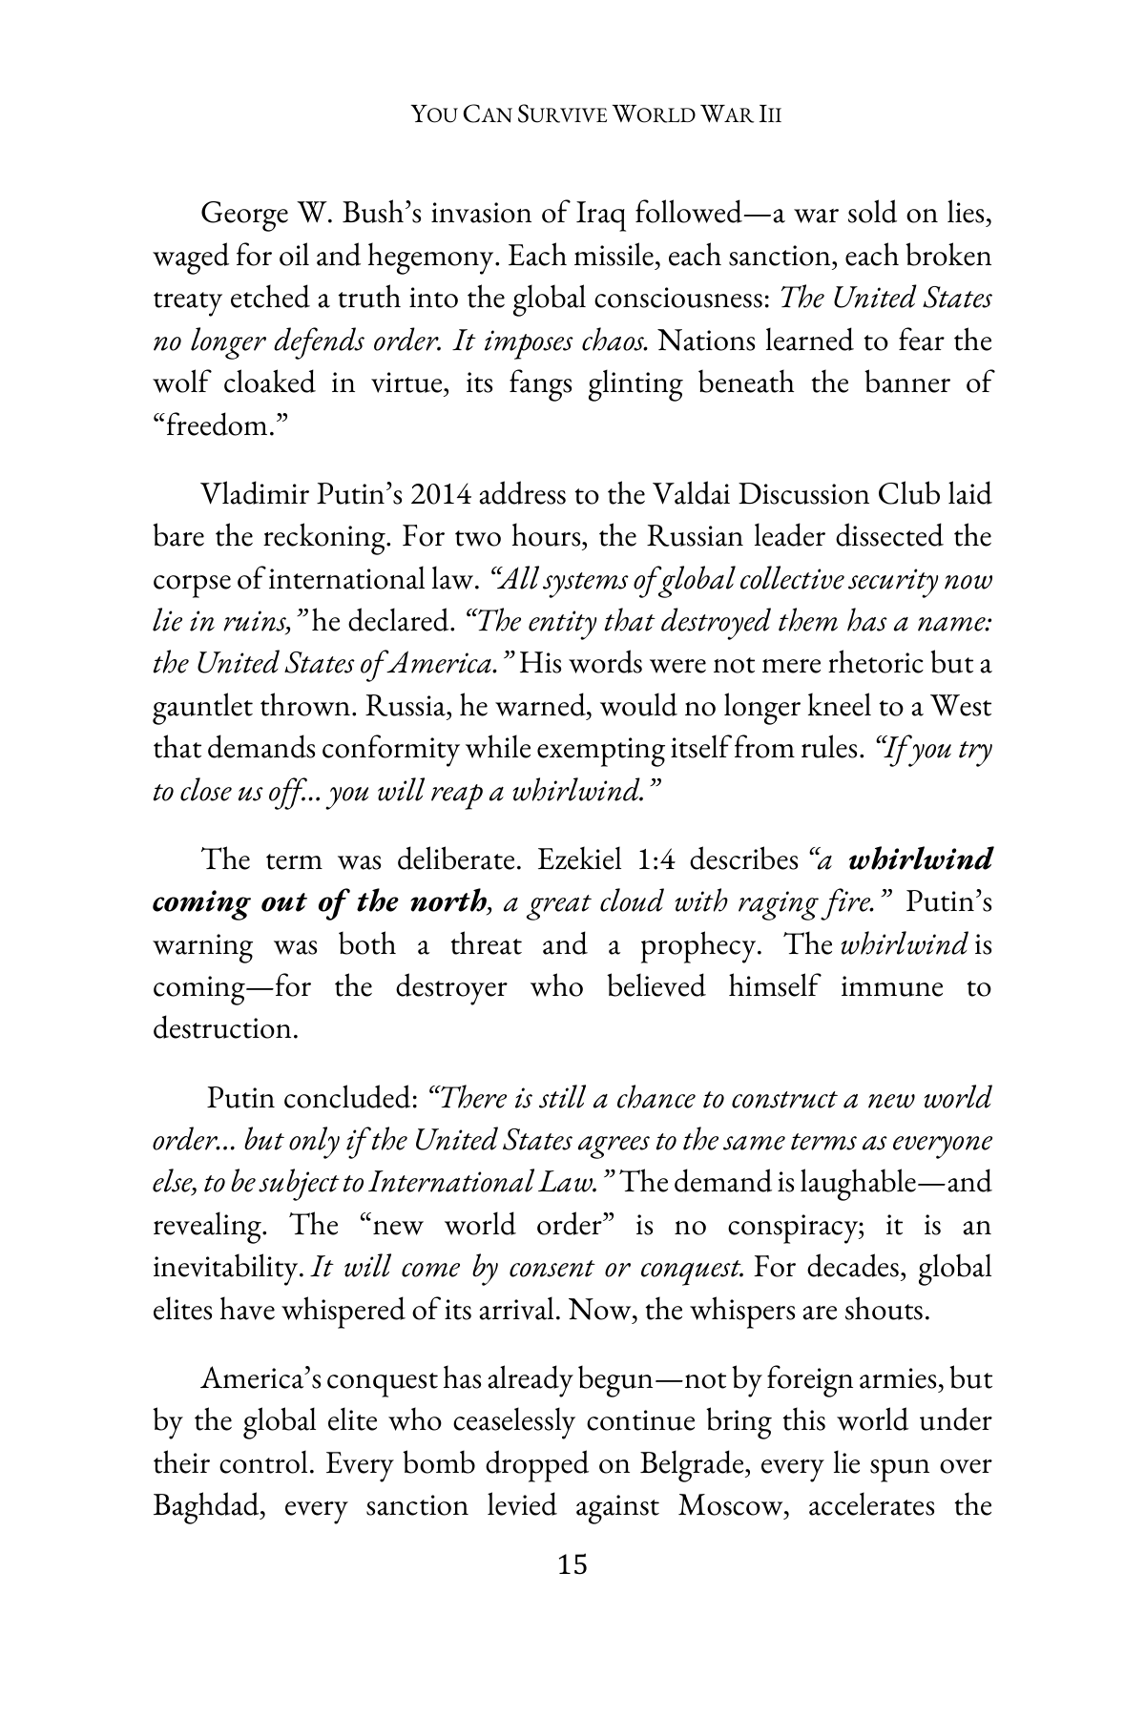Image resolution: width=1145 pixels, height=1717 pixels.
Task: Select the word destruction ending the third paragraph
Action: (224, 1028)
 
